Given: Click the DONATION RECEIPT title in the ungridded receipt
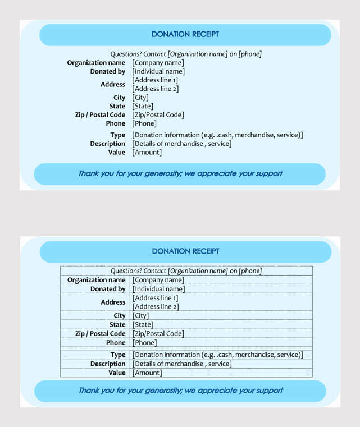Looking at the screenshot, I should [185, 34].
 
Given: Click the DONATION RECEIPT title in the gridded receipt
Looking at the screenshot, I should [185, 251].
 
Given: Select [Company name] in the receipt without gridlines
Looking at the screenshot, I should [158, 63].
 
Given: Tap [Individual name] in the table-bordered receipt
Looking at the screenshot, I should [158, 289].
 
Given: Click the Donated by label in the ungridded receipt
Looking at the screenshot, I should [108, 72].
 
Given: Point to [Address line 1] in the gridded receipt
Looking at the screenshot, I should [155, 298].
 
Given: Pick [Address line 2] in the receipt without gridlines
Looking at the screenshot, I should [155, 89].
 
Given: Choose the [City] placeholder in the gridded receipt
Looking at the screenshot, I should [140, 316].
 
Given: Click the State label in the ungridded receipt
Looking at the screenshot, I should [117, 106].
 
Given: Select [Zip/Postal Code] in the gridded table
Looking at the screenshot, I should [158, 334].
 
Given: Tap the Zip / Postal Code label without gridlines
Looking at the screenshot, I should [100, 115].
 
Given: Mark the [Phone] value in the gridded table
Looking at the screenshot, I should [144, 343].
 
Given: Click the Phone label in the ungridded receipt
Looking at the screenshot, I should [116, 123].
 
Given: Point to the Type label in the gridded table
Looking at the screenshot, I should [118, 355].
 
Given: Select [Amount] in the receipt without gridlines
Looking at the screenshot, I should [147, 153].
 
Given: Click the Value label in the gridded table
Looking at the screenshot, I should [117, 373].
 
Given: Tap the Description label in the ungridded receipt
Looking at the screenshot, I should [108, 144].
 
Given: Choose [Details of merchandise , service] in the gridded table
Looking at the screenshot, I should [182, 364].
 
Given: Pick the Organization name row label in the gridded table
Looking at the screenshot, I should [97, 280].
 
